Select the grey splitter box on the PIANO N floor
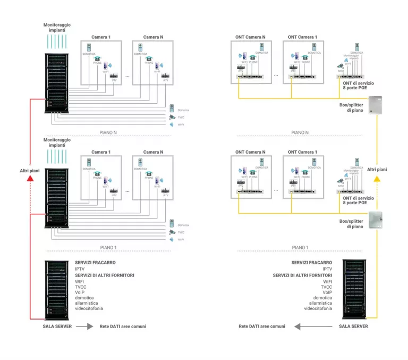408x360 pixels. pos(376,105)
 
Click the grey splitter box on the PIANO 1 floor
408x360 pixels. pos(376,219)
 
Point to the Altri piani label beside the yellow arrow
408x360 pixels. pos(377,169)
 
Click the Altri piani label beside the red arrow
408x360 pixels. pos(30,170)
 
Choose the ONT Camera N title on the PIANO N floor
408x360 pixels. pos(250,37)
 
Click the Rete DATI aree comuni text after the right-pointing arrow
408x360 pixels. pos(123,326)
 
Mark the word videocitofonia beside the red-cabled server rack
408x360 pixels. pos(89,308)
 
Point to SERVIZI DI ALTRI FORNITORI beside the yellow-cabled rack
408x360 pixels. pos(302,275)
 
